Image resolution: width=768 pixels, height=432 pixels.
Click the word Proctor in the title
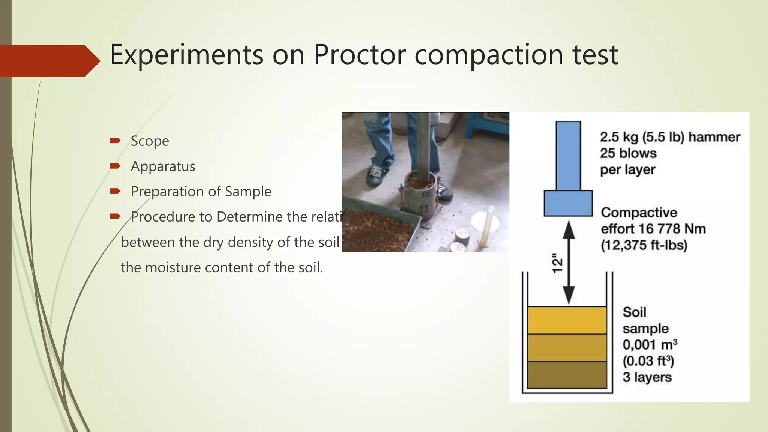360,55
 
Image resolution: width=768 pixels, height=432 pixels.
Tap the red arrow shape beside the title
49,61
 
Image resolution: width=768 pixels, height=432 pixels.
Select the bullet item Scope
150,141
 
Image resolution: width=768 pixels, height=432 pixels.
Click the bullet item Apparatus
163,166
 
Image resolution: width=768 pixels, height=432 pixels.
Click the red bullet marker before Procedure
115,216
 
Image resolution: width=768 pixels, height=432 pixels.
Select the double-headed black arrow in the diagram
569,262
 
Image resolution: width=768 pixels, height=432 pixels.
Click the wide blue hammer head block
568,203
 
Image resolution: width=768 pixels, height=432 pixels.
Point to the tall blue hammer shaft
568,155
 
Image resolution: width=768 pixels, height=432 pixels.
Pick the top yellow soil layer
567,320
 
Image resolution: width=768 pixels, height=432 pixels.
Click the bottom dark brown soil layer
567,375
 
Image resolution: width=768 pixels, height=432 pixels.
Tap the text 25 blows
628,153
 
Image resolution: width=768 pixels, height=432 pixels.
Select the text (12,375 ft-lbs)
644,245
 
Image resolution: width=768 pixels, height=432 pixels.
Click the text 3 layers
647,377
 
